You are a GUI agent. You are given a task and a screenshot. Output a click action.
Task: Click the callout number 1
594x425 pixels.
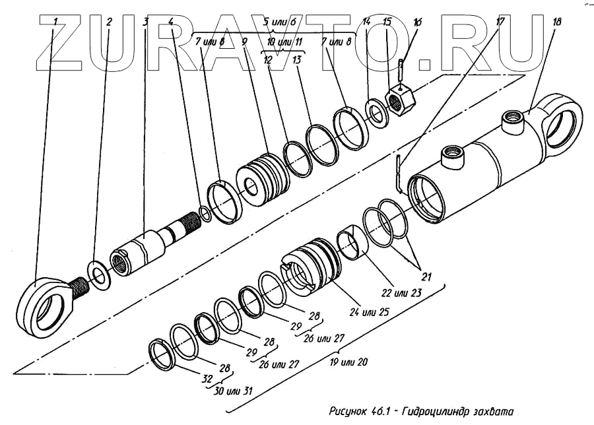(56, 21)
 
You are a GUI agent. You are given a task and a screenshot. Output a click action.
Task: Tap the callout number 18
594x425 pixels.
(557, 22)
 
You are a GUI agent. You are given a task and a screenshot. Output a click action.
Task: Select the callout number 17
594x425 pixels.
(500, 22)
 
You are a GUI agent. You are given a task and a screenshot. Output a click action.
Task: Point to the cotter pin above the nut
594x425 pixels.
(401, 69)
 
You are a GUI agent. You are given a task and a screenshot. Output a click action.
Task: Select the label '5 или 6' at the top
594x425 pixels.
(278, 22)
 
